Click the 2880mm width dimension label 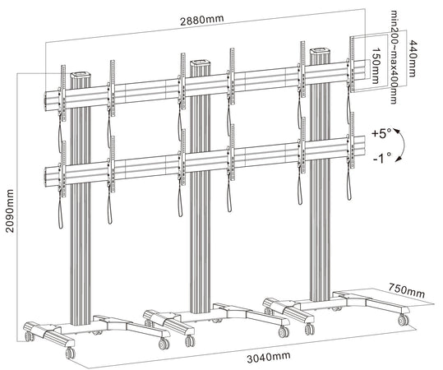202,20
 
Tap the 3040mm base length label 269,357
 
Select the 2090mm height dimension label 10,210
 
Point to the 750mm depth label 406,290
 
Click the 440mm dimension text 413,58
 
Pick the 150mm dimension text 375,66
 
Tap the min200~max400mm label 394,58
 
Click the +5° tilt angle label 381,133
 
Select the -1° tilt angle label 382,159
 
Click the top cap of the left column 81,75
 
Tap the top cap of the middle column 201,62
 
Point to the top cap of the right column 321,52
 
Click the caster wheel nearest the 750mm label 403,320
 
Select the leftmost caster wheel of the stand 29,335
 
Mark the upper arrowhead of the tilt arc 397,132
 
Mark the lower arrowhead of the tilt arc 399,160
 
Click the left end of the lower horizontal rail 45,178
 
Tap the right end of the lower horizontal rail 364,146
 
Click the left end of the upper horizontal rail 45,101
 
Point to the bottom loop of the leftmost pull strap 61,224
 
